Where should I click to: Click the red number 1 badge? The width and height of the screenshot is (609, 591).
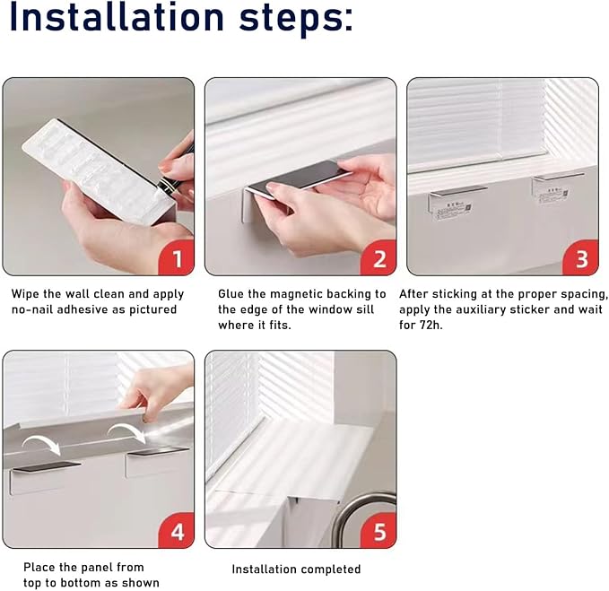(177, 257)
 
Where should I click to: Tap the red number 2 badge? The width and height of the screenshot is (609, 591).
(378, 257)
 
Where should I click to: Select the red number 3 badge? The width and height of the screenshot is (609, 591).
(580, 257)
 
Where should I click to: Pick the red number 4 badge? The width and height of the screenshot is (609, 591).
(177, 530)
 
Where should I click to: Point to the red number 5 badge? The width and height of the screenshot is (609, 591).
(378, 530)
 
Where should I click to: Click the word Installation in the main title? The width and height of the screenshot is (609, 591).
(116, 17)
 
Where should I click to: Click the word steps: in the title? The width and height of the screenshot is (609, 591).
(296, 20)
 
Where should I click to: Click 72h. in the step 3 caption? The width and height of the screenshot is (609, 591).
(431, 325)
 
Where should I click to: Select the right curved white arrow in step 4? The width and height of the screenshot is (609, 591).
(126, 430)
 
